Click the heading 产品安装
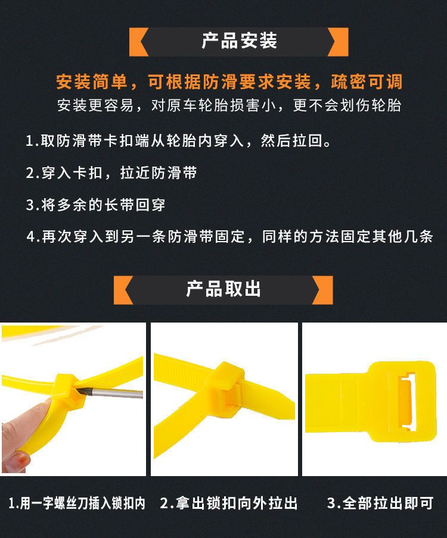click(239, 41)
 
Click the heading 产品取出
click(223, 289)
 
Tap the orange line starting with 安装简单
click(229, 82)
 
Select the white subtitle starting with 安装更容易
click(229, 105)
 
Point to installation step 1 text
click(179, 140)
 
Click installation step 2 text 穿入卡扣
click(111, 173)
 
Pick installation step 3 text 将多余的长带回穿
click(95, 205)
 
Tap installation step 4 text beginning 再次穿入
click(229, 236)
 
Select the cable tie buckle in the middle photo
click(226, 387)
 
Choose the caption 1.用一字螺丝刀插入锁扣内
click(77, 503)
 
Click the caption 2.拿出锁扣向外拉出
click(229, 503)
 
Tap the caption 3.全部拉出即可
click(380, 503)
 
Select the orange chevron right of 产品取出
click(323, 290)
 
